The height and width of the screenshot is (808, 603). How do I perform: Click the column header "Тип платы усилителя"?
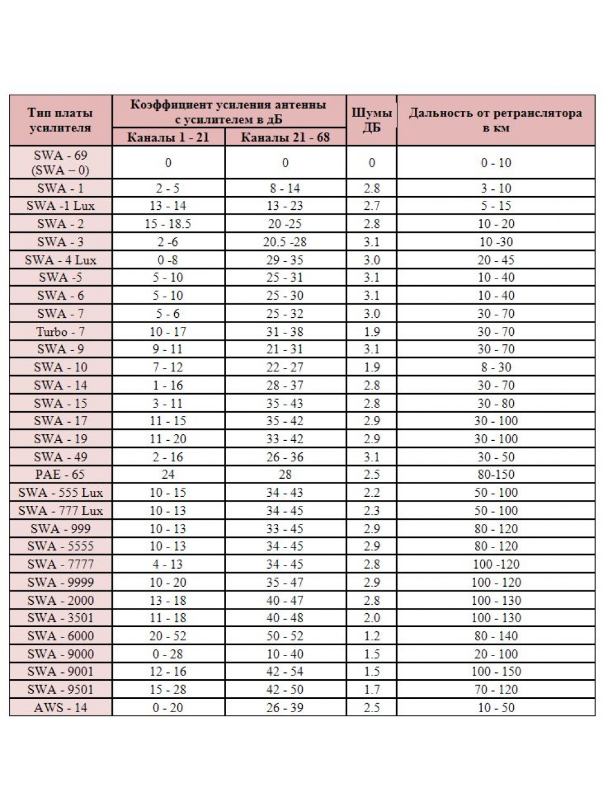(x=60, y=120)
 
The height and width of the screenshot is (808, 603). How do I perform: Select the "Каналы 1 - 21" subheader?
(x=168, y=137)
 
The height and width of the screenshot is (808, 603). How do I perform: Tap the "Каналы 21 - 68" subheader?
(x=285, y=137)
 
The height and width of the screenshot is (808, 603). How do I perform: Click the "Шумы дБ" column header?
(x=371, y=120)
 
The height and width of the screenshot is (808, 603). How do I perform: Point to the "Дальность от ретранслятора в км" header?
(x=496, y=120)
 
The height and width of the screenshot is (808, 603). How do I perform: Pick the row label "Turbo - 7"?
(x=60, y=332)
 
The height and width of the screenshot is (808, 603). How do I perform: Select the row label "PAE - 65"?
(x=60, y=475)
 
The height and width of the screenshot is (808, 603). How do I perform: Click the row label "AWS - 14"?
(x=60, y=707)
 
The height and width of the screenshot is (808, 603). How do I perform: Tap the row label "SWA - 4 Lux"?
(x=60, y=260)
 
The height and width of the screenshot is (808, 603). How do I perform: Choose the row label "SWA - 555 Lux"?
(x=60, y=493)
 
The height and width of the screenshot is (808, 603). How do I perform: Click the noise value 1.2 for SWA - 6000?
(x=371, y=636)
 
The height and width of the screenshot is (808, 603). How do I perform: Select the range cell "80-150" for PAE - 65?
(x=496, y=475)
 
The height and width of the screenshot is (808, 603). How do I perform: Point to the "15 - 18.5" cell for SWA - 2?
(x=168, y=224)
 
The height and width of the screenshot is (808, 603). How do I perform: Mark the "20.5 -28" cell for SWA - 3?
(x=285, y=242)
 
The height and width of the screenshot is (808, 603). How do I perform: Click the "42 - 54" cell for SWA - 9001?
(x=285, y=671)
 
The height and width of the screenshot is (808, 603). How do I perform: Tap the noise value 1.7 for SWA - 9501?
(x=371, y=689)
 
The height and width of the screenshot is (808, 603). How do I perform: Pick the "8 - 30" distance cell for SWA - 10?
(x=496, y=367)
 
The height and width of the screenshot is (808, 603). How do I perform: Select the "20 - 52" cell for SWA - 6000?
(x=168, y=636)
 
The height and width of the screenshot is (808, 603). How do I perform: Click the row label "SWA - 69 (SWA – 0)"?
(x=60, y=163)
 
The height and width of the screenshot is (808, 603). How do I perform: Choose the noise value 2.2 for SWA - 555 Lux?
(x=371, y=493)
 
